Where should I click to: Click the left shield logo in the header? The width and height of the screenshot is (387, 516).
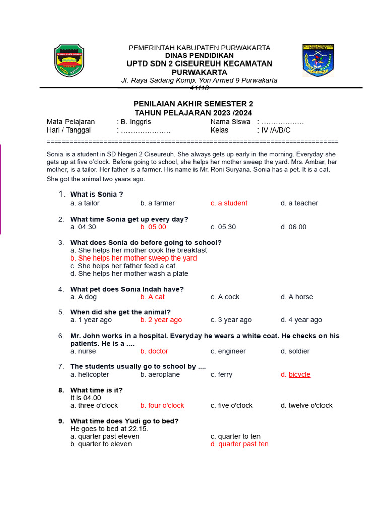69,60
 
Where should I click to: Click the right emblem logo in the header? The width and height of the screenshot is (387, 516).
318,60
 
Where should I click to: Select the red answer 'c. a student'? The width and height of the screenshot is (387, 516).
229,203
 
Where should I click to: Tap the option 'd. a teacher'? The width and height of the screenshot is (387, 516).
299,203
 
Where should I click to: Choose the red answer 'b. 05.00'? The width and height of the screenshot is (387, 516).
153,227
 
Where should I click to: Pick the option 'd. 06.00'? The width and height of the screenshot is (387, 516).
293,227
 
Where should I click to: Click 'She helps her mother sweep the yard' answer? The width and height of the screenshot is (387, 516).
134,258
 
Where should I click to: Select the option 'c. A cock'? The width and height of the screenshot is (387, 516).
225,297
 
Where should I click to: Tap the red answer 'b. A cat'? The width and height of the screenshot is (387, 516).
152,297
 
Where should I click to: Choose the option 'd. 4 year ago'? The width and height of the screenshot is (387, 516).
301,320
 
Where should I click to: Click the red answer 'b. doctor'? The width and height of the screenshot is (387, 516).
154,351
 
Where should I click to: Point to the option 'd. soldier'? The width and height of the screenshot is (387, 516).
295,351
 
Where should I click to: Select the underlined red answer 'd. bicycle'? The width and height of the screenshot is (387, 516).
296,375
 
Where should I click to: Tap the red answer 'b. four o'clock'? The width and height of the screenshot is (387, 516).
162,406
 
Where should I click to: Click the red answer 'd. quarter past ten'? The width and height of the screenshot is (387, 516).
239,444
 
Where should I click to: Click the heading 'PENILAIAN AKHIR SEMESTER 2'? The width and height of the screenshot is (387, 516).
193,104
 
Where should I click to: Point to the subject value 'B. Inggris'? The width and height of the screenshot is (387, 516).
134,122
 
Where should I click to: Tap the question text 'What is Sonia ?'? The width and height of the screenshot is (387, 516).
97,195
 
